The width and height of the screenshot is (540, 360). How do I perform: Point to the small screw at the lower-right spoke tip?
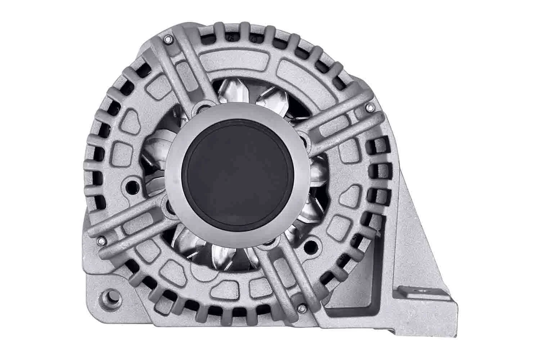point(302,308)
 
